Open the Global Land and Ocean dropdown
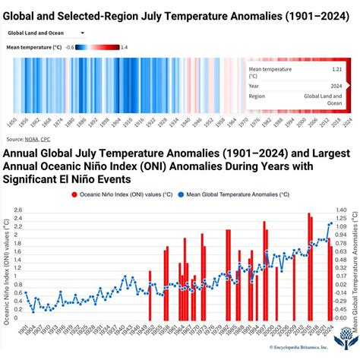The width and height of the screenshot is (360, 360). point(46,33)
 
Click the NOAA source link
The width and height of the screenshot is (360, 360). point(33,139)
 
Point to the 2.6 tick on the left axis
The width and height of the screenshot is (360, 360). point(17,210)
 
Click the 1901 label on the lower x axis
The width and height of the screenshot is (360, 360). point(25,330)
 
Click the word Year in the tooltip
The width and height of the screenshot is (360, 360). point(258,86)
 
